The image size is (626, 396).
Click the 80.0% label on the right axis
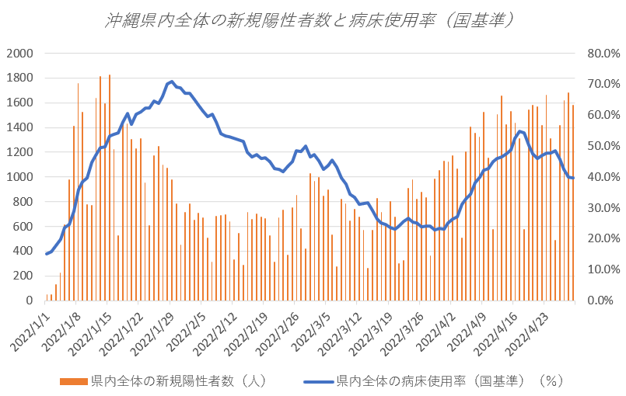pos(603,54)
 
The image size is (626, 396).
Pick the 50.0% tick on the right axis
pos(603,146)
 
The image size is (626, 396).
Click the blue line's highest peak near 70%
pos(172,81)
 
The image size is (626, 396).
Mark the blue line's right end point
pos(573,179)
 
